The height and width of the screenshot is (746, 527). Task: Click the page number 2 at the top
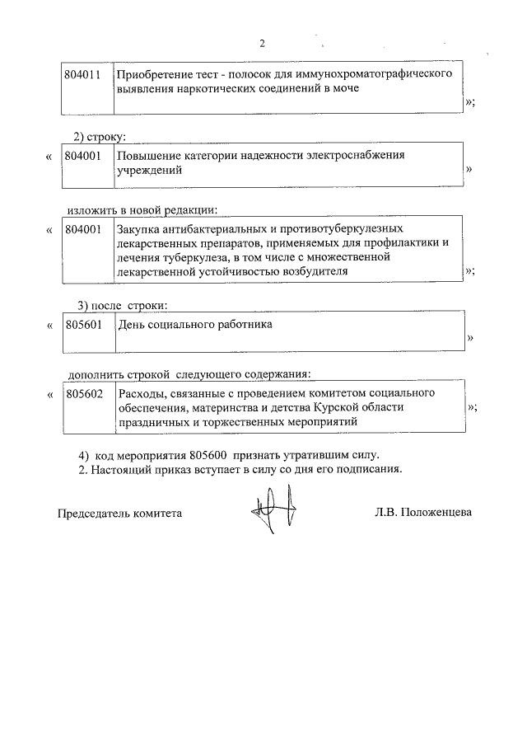[x=262, y=44]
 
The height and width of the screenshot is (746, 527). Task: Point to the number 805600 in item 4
[x=208, y=456]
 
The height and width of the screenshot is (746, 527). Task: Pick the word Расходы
[x=141, y=394]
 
